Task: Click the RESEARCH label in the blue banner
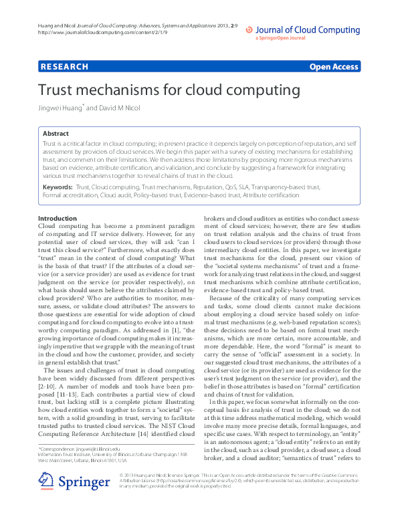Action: tap(64, 67)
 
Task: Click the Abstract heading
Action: tap(56, 134)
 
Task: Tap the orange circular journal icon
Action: tap(250, 29)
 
